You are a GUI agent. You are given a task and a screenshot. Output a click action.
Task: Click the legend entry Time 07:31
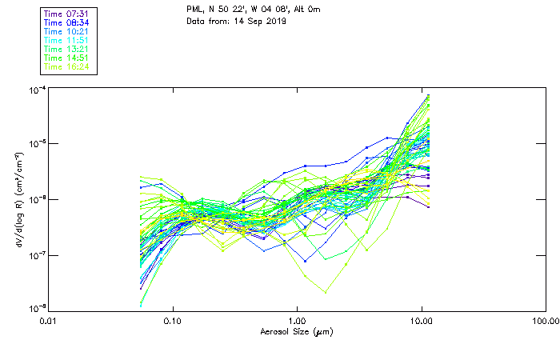67,14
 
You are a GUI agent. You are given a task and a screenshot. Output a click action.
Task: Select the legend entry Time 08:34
67,22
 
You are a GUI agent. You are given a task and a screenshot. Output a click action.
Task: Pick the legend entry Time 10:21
67,31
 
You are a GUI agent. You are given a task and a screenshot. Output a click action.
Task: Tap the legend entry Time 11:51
67,40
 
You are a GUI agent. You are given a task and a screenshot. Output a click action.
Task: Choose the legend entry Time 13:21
67,49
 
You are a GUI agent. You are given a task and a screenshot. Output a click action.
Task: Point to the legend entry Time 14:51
67,58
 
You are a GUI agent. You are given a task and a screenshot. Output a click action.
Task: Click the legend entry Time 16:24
67,66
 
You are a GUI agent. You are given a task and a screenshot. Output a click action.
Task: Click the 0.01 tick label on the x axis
50,321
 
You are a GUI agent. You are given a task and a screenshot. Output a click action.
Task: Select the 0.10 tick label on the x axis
174,321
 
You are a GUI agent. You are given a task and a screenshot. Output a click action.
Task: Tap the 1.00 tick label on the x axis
298,321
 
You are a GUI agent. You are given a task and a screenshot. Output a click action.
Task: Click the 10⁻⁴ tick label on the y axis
37,90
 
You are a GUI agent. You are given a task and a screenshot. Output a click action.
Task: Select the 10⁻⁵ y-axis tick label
37,144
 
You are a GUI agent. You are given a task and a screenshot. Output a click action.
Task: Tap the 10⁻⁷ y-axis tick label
37,254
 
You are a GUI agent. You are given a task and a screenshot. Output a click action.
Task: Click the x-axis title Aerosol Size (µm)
296,331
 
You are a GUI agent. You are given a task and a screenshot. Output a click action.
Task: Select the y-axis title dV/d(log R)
18,199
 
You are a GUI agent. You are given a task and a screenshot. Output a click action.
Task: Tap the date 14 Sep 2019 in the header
258,21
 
